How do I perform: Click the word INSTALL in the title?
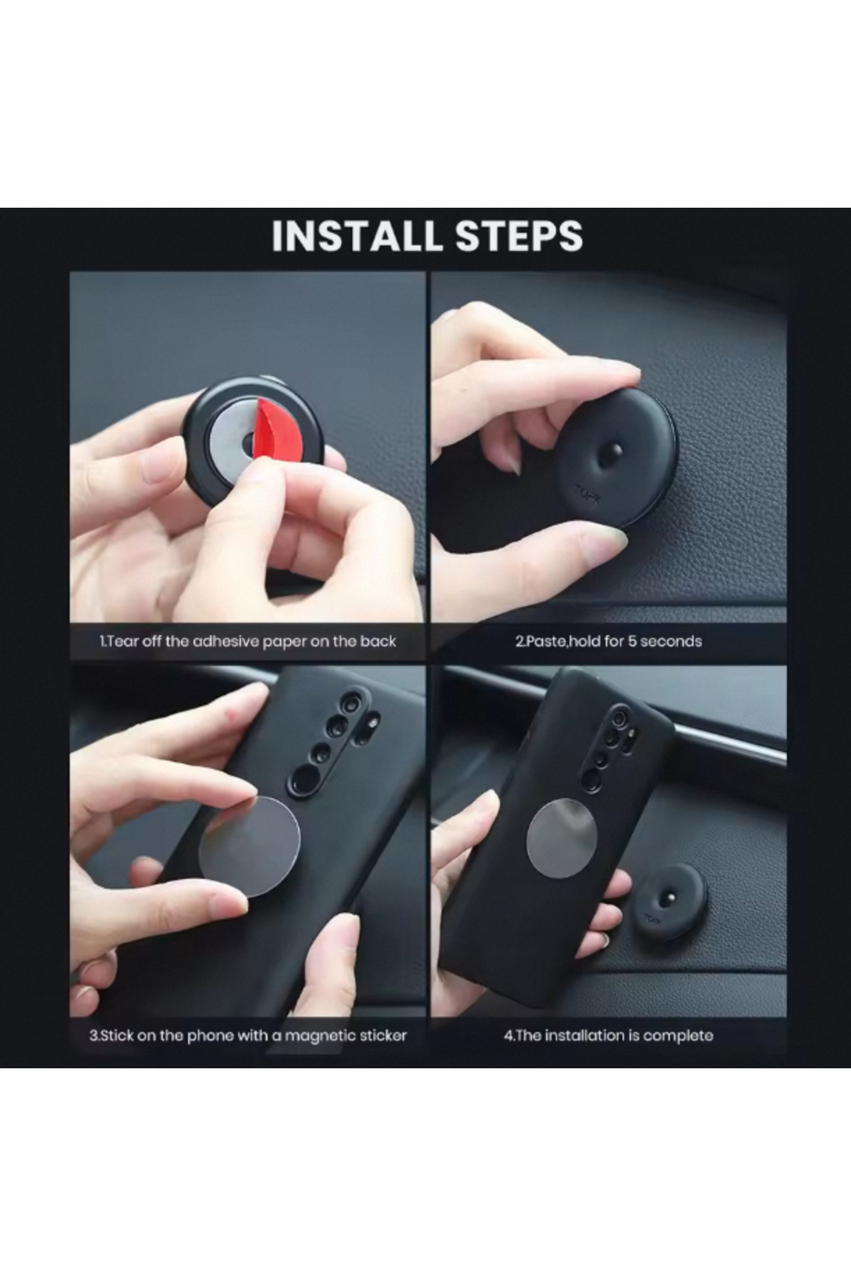tap(358, 236)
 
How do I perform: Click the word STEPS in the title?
tap(520, 236)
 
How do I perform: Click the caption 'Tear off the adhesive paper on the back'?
tap(247, 642)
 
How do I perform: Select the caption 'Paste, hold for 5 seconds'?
tap(608, 642)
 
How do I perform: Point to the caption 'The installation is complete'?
tap(608, 1036)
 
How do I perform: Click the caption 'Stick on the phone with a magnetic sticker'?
tap(247, 1036)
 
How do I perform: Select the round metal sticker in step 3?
tap(250, 846)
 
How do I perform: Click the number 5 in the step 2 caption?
tap(634, 642)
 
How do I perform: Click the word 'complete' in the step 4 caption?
tap(680, 1036)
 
